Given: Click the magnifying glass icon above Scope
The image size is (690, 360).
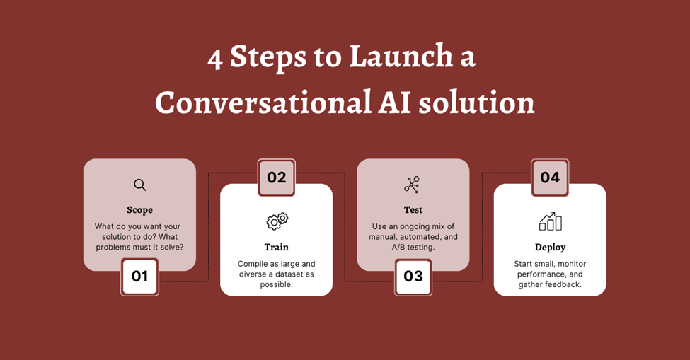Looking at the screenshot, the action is [x=140, y=185].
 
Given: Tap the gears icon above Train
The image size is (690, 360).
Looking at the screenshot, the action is [x=277, y=221].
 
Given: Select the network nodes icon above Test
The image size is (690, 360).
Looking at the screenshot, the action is [x=413, y=185].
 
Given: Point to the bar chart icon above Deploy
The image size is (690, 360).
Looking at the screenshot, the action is [x=551, y=221].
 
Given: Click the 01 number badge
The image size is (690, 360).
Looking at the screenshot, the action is [x=139, y=277].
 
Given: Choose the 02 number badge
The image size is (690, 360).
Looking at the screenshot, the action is [x=276, y=178].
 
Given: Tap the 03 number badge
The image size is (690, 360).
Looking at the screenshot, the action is [x=413, y=277].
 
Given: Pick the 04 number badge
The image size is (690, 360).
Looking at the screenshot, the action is [x=550, y=178].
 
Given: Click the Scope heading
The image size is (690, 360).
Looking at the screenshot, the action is [x=140, y=210].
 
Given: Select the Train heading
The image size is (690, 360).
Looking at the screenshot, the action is [x=276, y=247].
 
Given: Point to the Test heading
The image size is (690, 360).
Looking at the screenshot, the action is [x=413, y=210].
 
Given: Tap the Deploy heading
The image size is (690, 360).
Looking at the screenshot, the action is [x=550, y=248].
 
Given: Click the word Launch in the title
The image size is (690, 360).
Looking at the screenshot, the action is [x=401, y=57].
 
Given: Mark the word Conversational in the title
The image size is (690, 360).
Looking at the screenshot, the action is [x=263, y=103].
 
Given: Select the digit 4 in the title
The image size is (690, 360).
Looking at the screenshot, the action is [x=214, y=59].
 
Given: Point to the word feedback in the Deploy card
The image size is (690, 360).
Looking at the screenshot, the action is [x=564, y=284].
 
